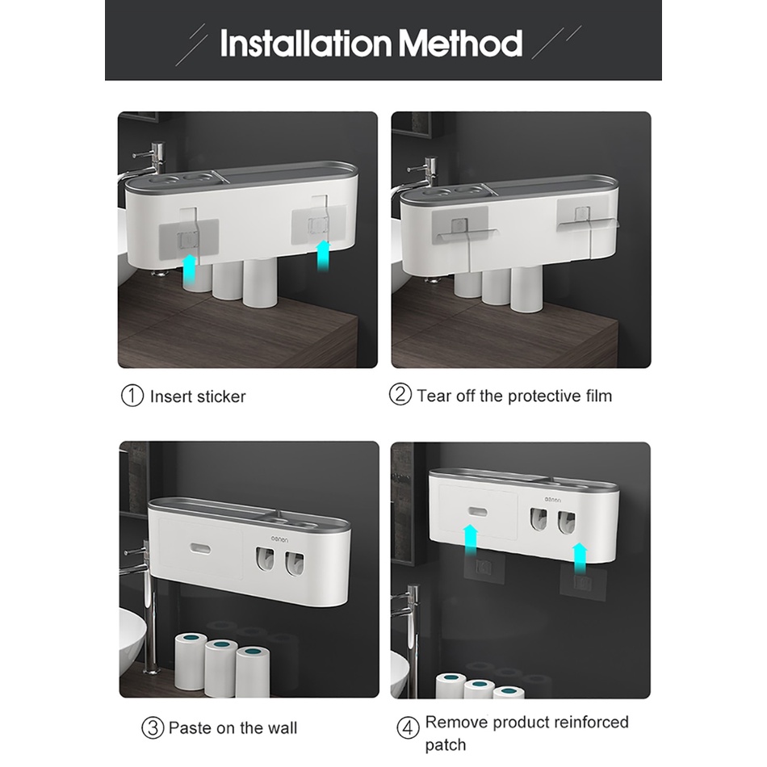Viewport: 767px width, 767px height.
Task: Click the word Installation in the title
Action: (306, 43)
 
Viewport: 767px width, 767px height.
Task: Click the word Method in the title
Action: (461, 43)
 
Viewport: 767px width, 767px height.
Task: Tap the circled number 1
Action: (132, 396)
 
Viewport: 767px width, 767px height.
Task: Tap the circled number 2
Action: (400, 394)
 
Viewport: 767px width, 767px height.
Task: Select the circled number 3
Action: (153, 728)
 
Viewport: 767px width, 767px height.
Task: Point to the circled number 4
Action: (408, 728)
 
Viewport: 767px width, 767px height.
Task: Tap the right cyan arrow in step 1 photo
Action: (323, 256)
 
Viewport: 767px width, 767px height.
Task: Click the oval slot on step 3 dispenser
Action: (200, 549)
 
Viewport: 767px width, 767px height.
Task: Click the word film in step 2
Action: (599, 396)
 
